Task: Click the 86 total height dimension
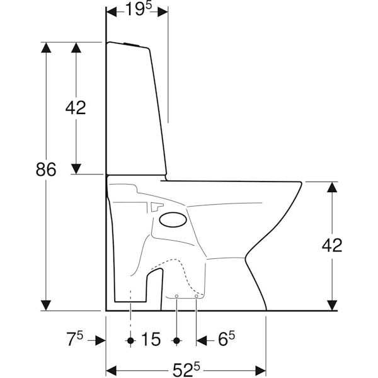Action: tap(46, 169)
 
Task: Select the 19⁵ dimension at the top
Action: tap(139, 9)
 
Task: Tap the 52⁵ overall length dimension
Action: tap(186, 370)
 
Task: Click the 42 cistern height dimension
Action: tap(76, 108)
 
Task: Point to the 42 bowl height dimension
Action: tap(332, 245)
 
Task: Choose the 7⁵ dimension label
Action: tap(74, 339)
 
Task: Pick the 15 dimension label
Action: tap(151, 339)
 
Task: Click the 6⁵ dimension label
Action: tap(226, 339)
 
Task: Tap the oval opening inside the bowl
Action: tap(173, 220)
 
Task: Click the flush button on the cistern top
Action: tap(132, 44)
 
